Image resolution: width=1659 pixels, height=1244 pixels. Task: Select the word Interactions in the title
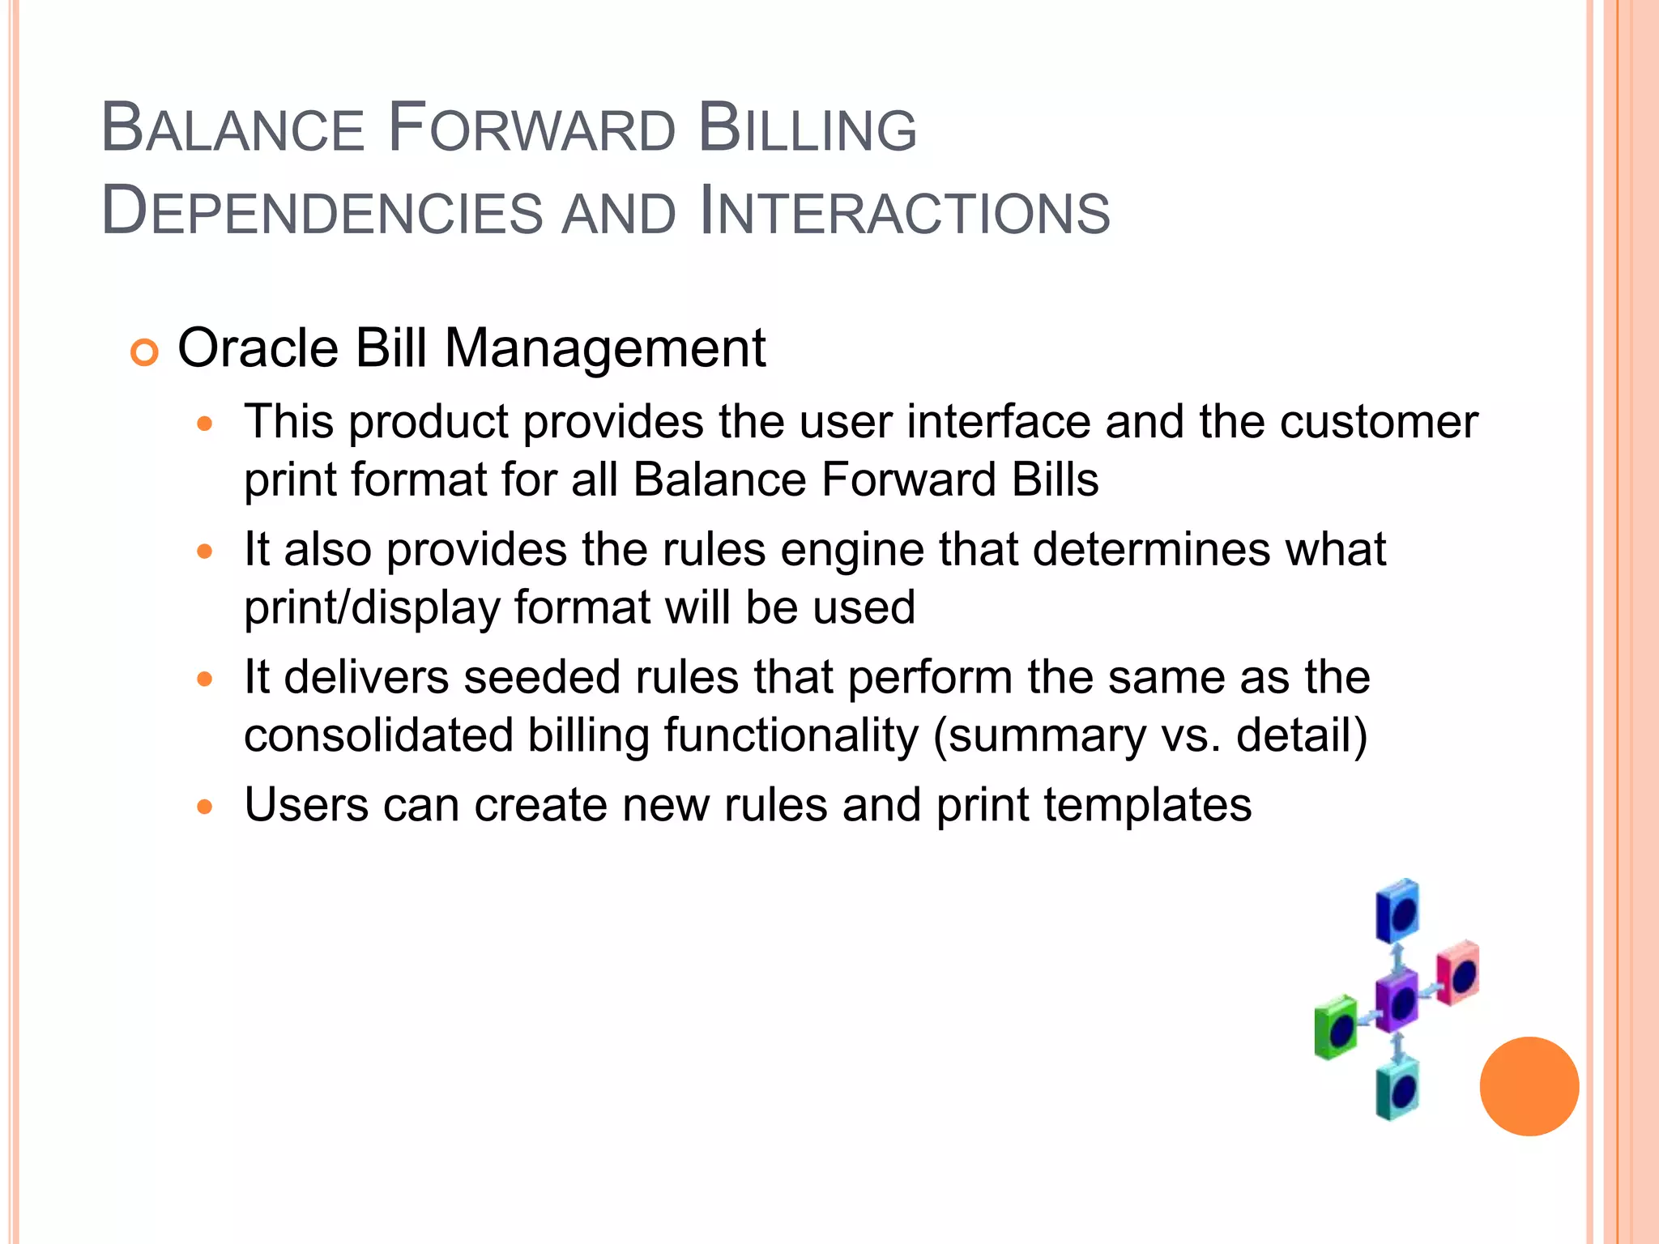(x=904, y=212)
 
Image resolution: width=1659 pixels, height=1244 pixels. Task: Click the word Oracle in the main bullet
(x=258, y=349)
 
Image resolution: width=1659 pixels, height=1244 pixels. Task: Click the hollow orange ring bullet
(x=144, y=353)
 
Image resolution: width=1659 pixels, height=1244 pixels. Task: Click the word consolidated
(x=378, y=735)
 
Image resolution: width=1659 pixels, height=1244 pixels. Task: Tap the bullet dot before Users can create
(x=206, y=807)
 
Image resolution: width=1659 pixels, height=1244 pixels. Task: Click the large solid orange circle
(x=1529, y=1086)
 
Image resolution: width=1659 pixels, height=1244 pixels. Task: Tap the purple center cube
(x=1397, y=1001)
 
